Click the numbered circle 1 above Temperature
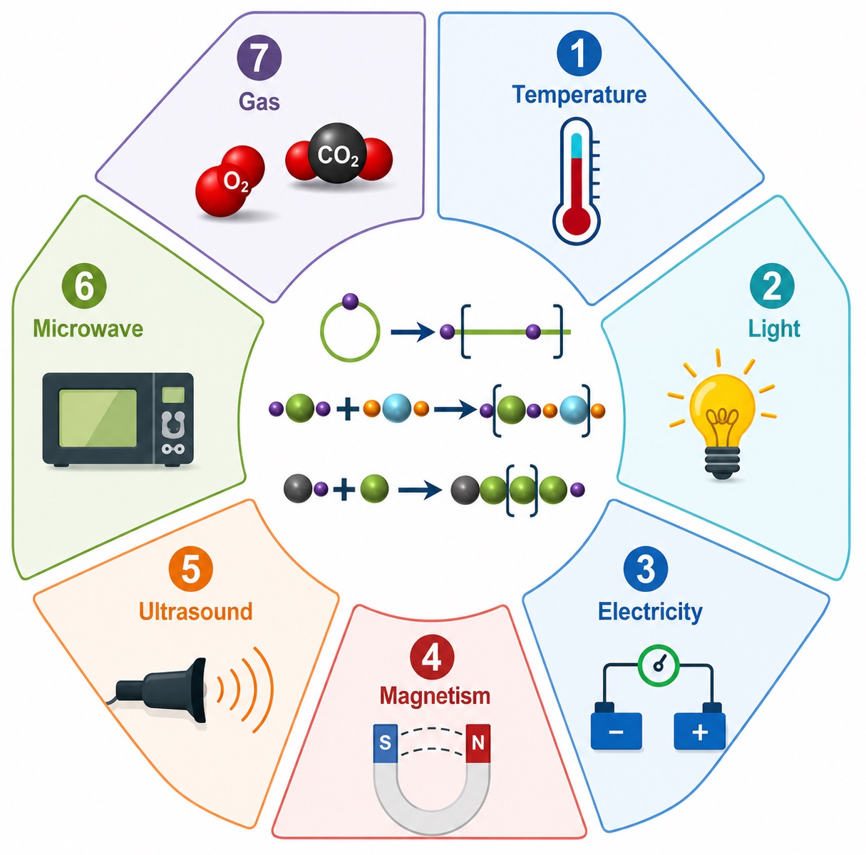[x=579, y=53]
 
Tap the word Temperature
[x=579, y=94]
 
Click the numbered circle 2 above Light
[x=772, y=287]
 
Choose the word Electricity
[x=650, y=612]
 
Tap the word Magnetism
[x=435, y=696]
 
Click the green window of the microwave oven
[x=98, y=419]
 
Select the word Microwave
[x=88, y=328]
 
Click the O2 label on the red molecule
[x=236, y=183]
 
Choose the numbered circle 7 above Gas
[x=259, y=58]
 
